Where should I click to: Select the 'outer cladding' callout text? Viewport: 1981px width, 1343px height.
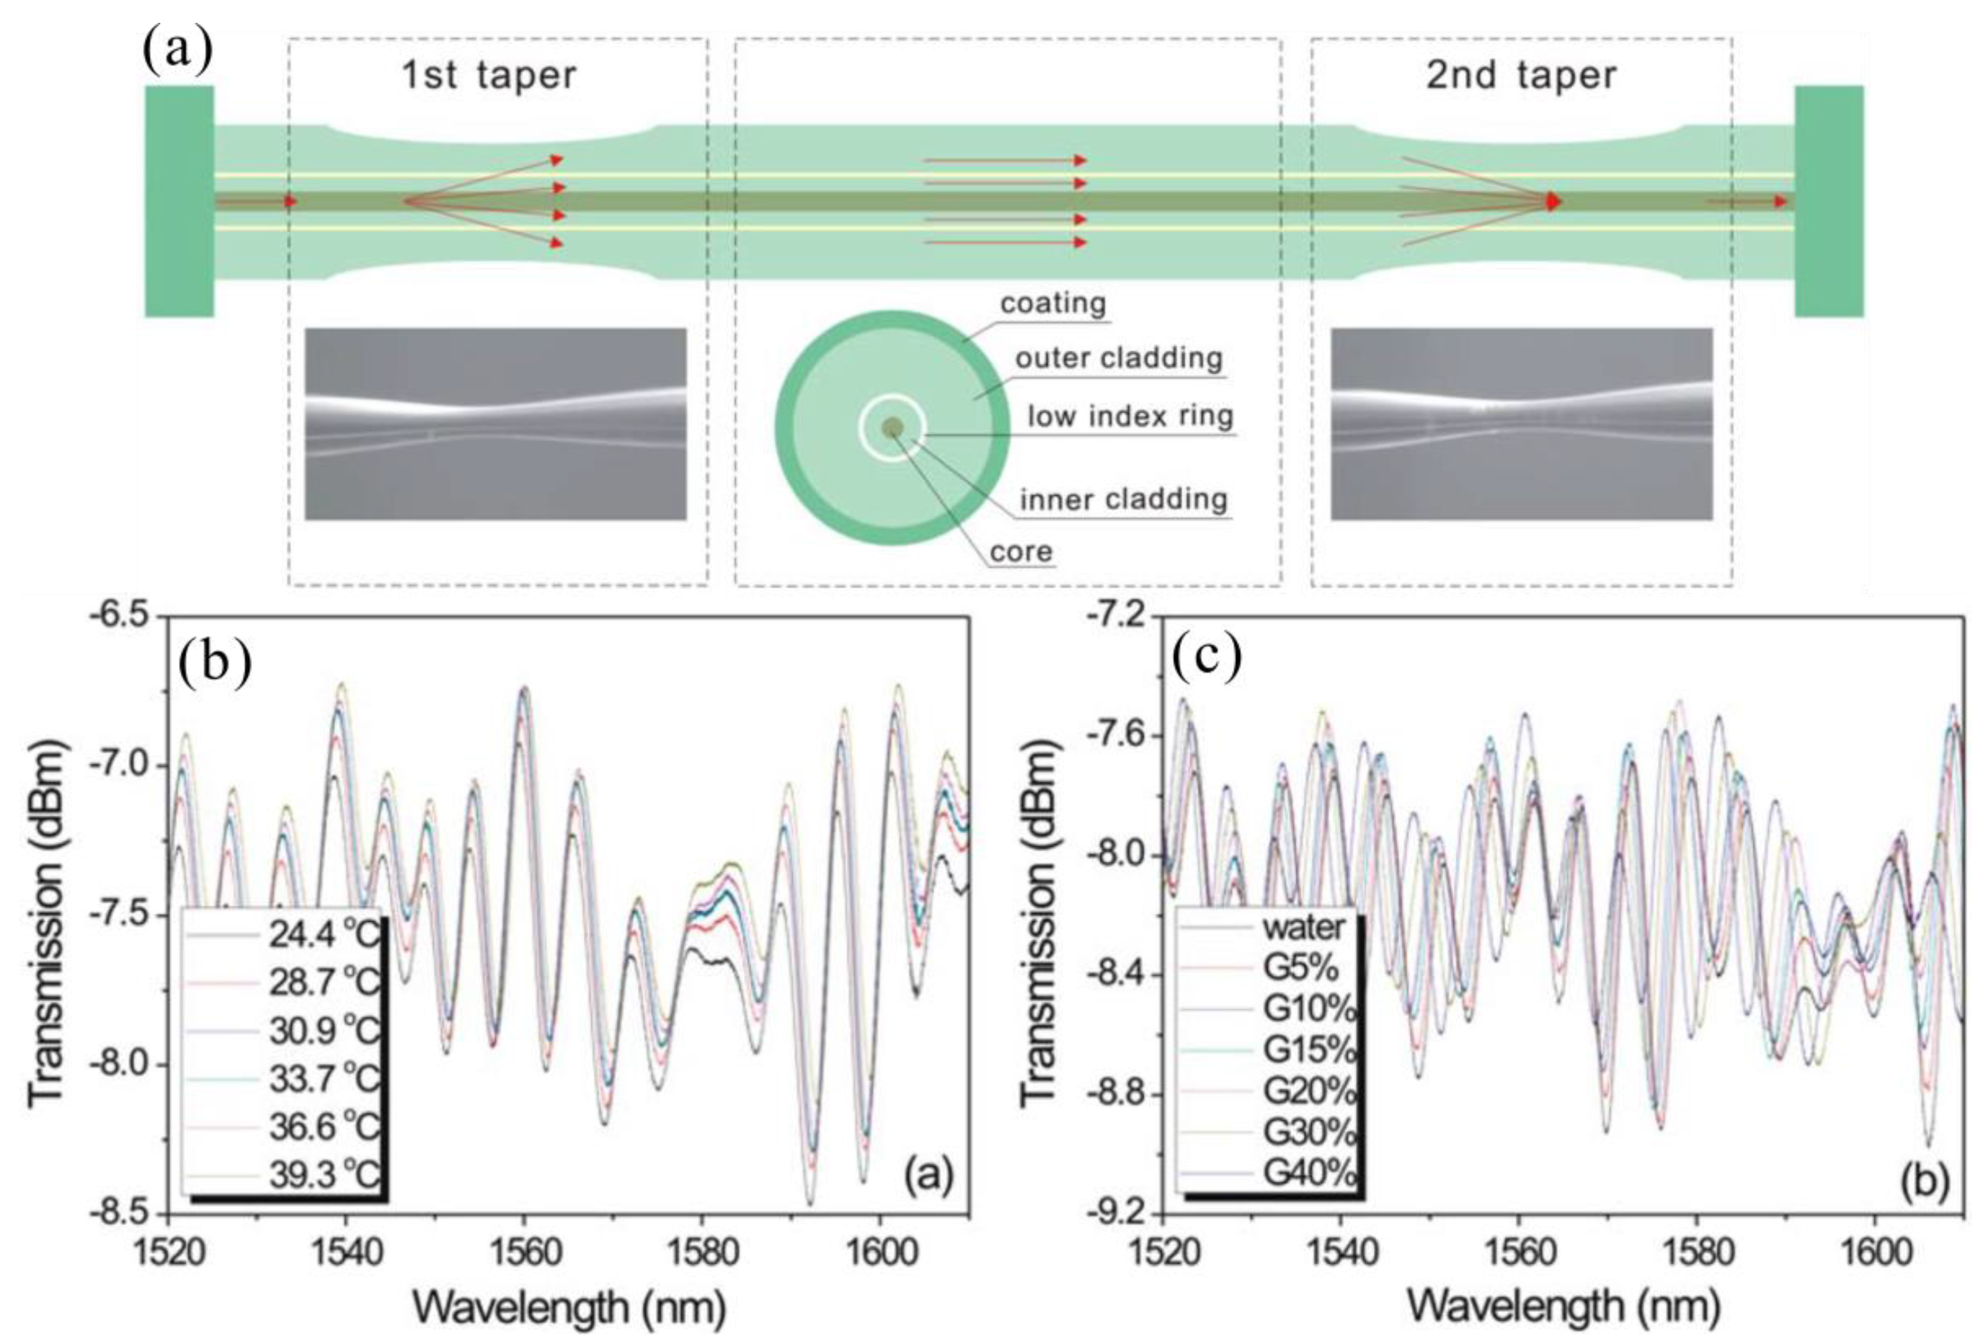coord(1118,359)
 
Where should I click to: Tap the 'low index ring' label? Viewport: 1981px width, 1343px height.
coord(1130,417)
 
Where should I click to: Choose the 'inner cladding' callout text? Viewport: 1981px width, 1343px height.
coord(1124,499)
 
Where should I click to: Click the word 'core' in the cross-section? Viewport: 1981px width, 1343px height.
coord(1021,552)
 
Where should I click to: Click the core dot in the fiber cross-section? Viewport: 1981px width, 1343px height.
coord(892,428)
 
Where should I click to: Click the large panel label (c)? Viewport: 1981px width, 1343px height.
coord(1207,658)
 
